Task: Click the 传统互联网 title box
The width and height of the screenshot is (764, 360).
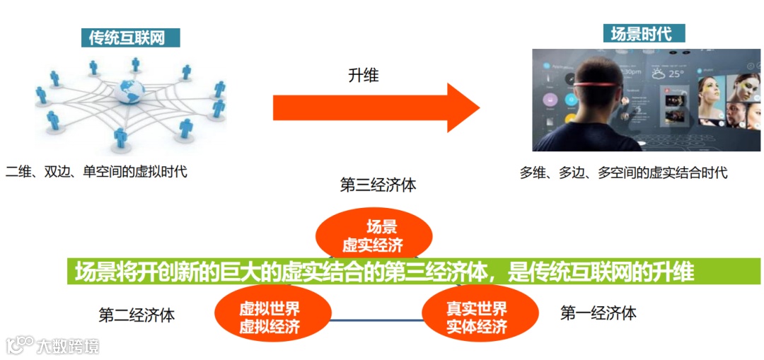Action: tap(131, 37)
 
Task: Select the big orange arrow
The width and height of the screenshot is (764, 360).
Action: tap(376, 107)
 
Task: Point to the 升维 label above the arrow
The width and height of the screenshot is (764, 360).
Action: tap(364, 75)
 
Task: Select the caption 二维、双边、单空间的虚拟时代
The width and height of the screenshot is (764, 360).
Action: tap(96, 171)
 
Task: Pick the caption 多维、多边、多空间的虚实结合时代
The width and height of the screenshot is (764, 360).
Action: tap(623, 173)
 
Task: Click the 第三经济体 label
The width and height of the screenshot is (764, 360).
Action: tap(378, 186)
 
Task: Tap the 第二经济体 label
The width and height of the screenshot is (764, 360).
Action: tap(137, 315)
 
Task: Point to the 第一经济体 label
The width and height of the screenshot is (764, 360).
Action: tap(598, 313)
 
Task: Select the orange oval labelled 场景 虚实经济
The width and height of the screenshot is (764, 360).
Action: tap(373, 233)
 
